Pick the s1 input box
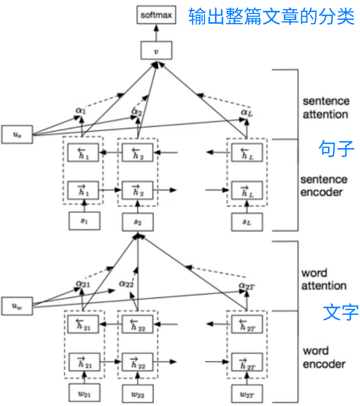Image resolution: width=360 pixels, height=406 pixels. click(83, 220)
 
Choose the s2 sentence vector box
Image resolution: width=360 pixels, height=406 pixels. click(139, 221)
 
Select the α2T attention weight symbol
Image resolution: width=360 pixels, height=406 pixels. click(247, 285)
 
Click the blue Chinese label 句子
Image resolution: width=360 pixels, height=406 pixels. click(336, 149)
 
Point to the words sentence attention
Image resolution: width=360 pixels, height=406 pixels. click(325, 107)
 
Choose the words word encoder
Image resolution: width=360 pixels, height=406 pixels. click(324, 357)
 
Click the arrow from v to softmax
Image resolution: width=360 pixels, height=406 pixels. click(156, 32)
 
